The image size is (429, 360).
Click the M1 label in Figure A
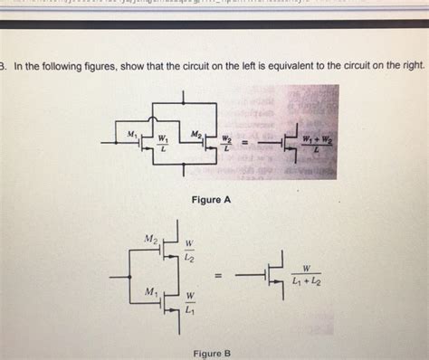[x=132, y=134]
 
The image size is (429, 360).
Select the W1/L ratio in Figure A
[x=163, y=144]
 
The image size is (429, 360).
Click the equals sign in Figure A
[x=243, y=142]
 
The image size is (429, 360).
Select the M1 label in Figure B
[x=151, y=292]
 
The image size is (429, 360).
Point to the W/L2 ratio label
[x=189, y=251]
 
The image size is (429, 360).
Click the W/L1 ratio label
[x=189, y=303]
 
